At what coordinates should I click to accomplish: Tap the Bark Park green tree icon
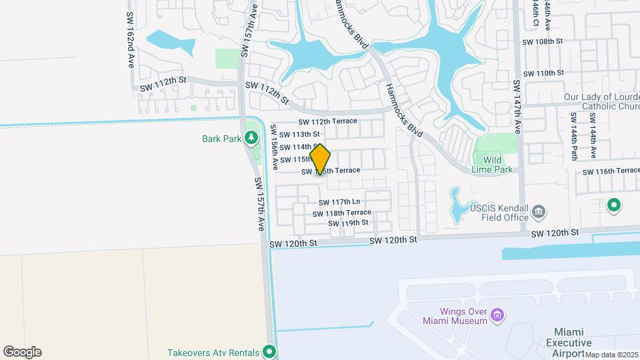(x=251, y=139)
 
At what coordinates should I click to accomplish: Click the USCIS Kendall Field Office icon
(x=539, y=213)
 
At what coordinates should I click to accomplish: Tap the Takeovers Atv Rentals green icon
(x=269, y=351)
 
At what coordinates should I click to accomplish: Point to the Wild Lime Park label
(x=497, y=165)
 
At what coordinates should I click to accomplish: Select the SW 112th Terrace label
(x=328, y=121)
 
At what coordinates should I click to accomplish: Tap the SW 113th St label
(x=300, y=134)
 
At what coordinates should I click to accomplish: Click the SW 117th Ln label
(x=339, y=202)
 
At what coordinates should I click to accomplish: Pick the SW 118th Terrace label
(x=342, y=213)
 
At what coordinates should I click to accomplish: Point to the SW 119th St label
(x=348, y=223)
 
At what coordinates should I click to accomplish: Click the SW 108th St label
(x=543, y=41)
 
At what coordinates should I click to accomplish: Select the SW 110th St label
(x=543, y=73)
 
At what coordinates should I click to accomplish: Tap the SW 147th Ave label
(x=517, y=100)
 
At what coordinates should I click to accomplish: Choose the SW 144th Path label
(x=573, y=136)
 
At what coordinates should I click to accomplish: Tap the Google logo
(x=22, y=352)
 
